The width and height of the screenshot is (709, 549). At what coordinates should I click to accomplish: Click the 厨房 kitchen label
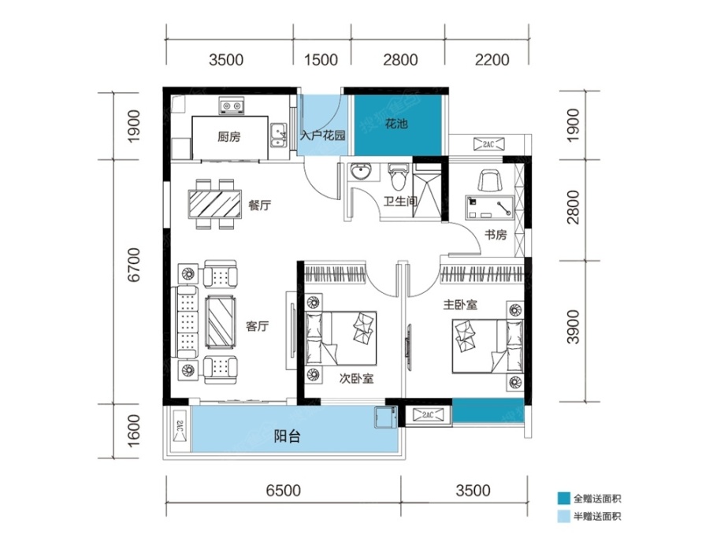pyautogui.click(x=228, y=136)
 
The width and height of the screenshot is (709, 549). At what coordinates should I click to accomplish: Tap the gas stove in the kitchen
pyautogui.click(x=232, y=106)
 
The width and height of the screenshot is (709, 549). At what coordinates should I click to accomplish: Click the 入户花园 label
pyautogui.click(x=322, y=135)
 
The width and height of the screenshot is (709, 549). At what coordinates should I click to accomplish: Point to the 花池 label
pyautogui.click(x=396, y=123)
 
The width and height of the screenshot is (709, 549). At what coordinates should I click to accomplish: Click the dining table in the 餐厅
pyautogui.click(x=215, y=205)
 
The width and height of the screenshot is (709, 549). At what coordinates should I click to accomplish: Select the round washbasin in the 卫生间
pyautogui.click(x=360, y=172)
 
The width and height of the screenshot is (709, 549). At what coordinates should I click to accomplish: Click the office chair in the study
pyautogui.click(x=491, y=181)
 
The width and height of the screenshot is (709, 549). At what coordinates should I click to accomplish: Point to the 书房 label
pyautogui.click(x=496, y=235)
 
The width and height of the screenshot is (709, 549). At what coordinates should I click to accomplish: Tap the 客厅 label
pyautogui.click(x=258, y=326)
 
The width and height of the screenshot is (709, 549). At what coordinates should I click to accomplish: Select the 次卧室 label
pyautogui.click(x=357, y=379)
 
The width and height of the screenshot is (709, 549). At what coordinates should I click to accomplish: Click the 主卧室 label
pyautogui.click(x=460, y=304)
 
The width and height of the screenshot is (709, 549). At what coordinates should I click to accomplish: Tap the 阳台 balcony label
pyautogui.click(x=287, y=436)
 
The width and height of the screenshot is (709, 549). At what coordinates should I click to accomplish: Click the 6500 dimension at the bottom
pyautogui.click(x=283, y=490)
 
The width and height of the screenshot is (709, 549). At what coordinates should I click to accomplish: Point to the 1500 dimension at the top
pyautogui.click(x=321, y=60)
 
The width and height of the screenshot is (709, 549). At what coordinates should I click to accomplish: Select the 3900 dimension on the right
pyautogui.click(x=573, y=327)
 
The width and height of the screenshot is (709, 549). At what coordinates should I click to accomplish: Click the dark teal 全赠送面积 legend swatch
pyautogui.click(x=563, y=499)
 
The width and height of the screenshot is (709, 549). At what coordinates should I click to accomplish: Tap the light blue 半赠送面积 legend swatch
pyautogui.click(x=563, y=517)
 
